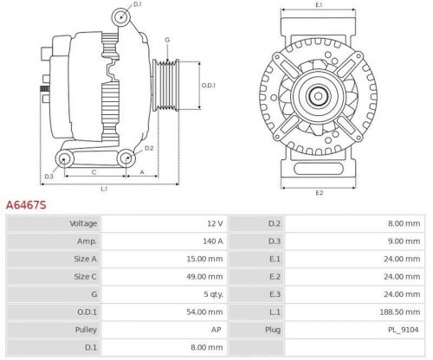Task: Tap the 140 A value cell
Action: pos(212,241)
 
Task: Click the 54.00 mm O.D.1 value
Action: pos(206,312)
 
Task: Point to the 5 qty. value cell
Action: pos(212,294)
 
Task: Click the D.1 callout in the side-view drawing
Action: pos(138,6)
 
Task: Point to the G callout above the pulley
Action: pos(167,40)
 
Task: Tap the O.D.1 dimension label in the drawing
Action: pos(208,85)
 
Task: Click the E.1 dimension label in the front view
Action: pos(319,6)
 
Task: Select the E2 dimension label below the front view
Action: pos(319,191)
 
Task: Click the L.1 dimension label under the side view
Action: pos(104,188)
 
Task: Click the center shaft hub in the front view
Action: pos(319,94)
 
